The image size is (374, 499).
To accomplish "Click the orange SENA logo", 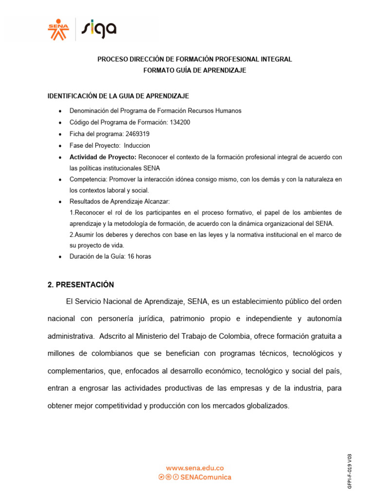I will click(58, 29).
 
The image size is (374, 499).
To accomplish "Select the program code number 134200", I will click(180, 122).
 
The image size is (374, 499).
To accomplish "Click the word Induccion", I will click(137, 146).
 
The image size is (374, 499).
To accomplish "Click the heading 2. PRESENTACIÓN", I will click(80, 285).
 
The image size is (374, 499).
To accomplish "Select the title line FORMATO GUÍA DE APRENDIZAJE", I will click(194, 70).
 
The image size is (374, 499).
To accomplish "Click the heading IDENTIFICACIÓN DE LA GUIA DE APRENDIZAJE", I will click(118, 96).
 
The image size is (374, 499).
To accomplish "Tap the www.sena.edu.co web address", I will click(195, 468).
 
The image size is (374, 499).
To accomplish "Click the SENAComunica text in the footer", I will click(206, 477).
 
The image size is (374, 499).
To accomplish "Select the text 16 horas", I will click(139, 257).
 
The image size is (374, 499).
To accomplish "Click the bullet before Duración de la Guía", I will click(59, 257).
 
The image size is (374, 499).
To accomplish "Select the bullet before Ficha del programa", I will click(59, 134).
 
